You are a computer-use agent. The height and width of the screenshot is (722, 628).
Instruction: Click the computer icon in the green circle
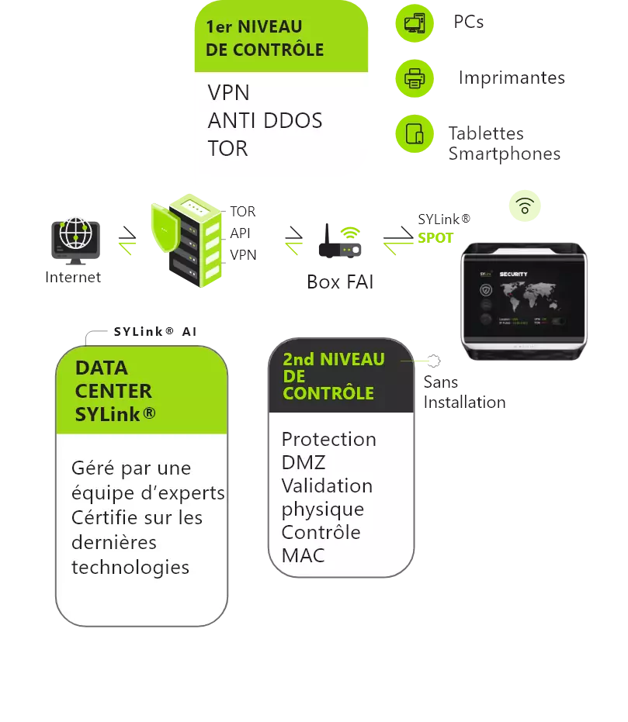415,23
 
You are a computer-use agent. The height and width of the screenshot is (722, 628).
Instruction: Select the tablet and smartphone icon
415,133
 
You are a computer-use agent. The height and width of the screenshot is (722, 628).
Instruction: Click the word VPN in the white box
229,93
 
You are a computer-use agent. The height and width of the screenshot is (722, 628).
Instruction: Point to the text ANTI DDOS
265,121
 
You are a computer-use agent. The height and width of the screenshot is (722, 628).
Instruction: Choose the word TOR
227,149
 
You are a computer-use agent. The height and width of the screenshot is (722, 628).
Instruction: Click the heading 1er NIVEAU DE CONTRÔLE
264,38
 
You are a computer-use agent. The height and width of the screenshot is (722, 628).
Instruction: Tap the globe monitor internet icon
75,237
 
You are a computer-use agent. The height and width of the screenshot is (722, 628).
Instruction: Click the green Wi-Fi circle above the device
526,206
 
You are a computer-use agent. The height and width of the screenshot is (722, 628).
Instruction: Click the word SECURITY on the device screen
514,275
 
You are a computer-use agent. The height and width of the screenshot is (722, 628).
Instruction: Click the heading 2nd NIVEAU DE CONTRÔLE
334,376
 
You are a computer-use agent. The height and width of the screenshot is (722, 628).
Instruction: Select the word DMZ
304,463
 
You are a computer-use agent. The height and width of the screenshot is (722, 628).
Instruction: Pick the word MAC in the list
303,556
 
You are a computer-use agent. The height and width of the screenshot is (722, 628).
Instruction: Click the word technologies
130,568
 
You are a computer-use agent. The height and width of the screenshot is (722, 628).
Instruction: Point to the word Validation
327,486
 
